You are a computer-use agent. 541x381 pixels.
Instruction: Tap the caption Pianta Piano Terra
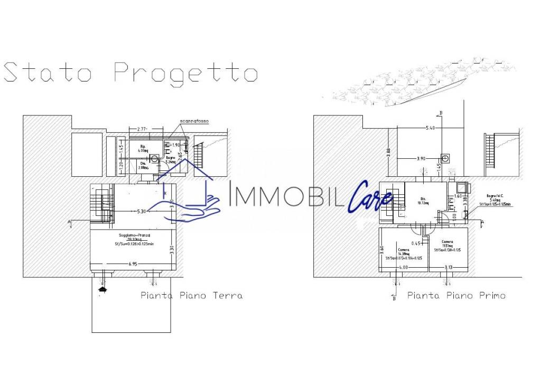pyautogui.click(x=191, y=295)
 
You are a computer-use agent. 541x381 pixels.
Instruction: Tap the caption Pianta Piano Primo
pyautogui.click(x=456, y=295)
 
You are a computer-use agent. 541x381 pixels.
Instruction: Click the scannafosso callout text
pyautogui.click(x=194, y=121)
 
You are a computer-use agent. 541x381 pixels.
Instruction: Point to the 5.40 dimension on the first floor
pyautogui.click(x=433, y=128)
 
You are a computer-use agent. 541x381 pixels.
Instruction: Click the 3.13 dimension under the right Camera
pyautogui.click(x=449, y=267)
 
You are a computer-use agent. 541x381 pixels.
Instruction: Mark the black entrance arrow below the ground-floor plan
pyautogui.click(x=102, y=288)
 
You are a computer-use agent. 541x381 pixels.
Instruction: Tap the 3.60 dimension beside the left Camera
pyautogui.click(x=381, y=250)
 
